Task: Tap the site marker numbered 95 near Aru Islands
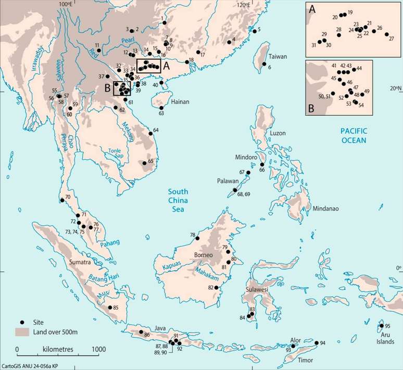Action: [x=381, y=326]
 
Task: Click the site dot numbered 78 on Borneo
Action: [x=198, y=239]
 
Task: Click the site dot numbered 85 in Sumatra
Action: [x=109, y=308]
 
